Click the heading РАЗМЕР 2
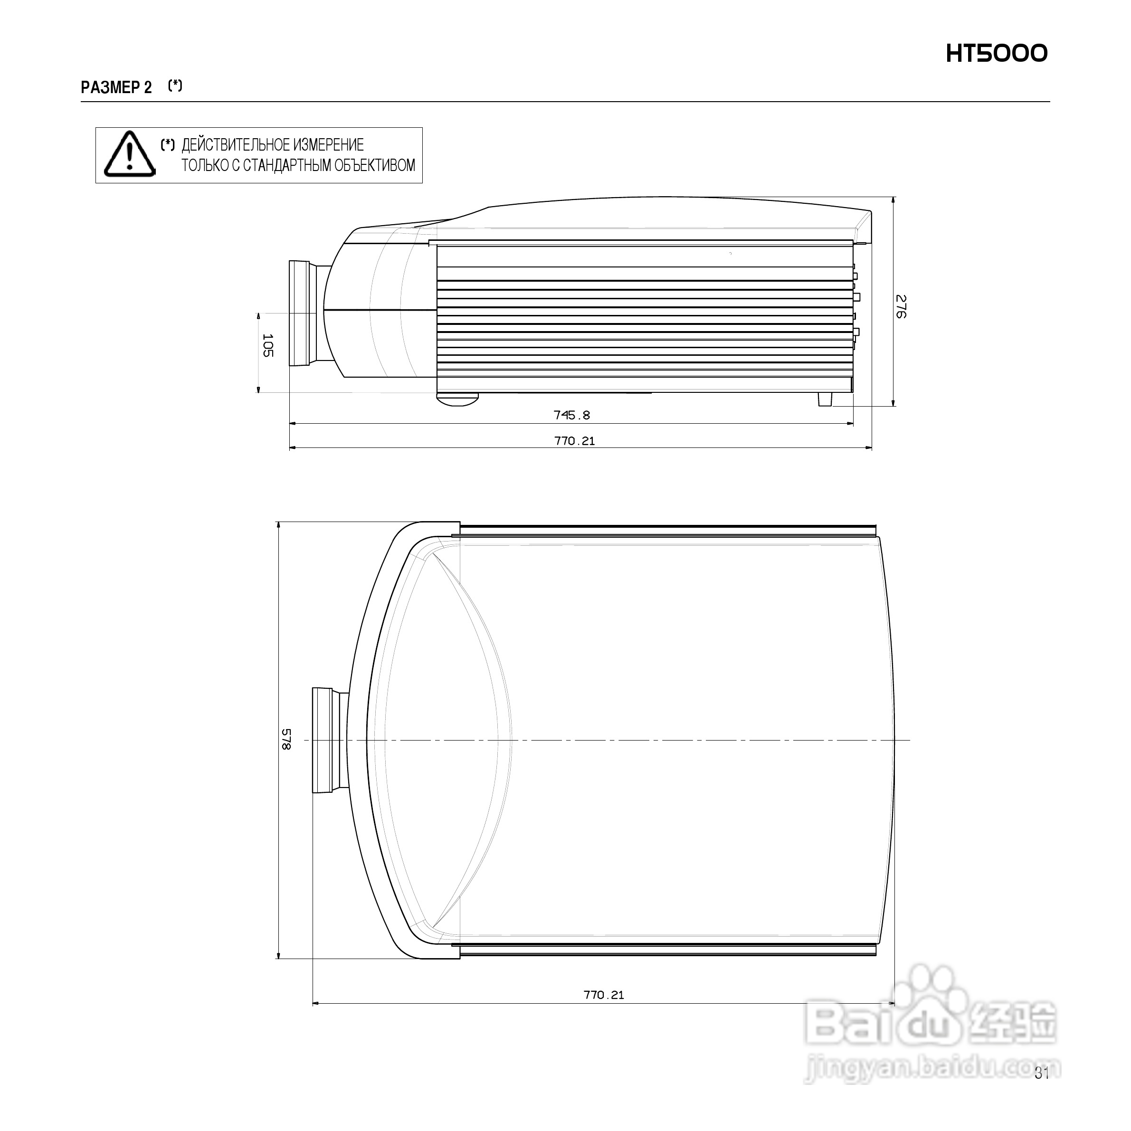[x=116, y=88]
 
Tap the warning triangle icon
[x=129, y=154]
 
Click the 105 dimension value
[x=267, y=345]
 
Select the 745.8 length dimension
[x=571, y=415]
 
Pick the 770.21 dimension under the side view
[x=574, y=441]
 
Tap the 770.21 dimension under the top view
[x=604, y=995]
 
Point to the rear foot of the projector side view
[x=824, y=399]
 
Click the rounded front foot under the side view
[x=457, y=399]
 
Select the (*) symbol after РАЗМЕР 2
[x=174, y=86]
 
